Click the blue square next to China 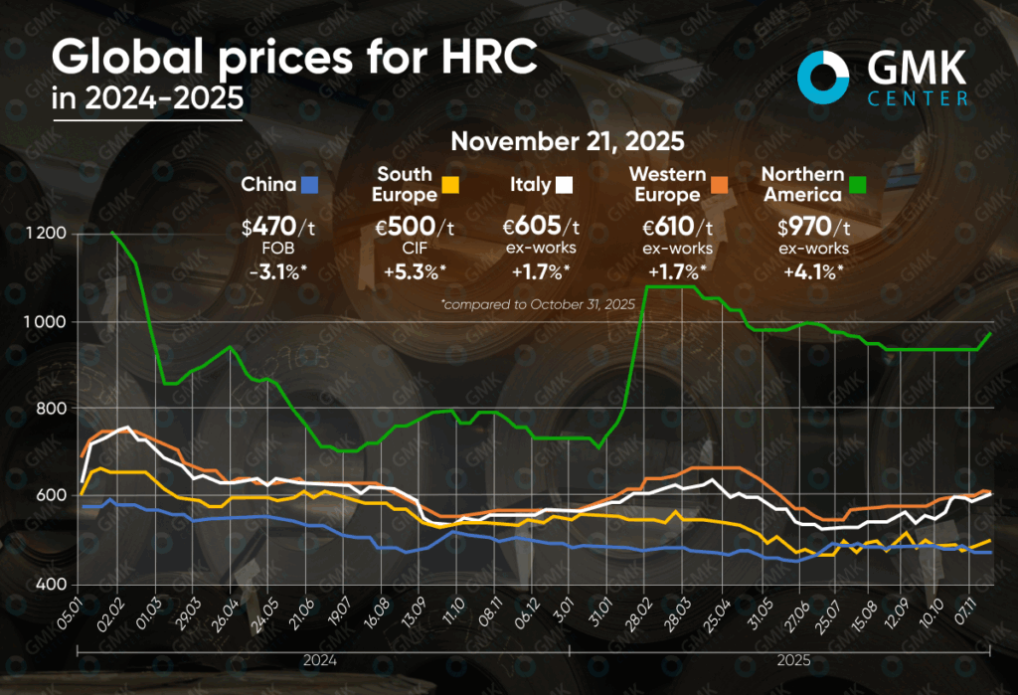[309, 184]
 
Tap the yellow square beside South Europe [449, 184]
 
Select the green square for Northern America [857, 184]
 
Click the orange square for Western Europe [718, 184]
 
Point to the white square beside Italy [564, 184]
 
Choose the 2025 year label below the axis [791, 660]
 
